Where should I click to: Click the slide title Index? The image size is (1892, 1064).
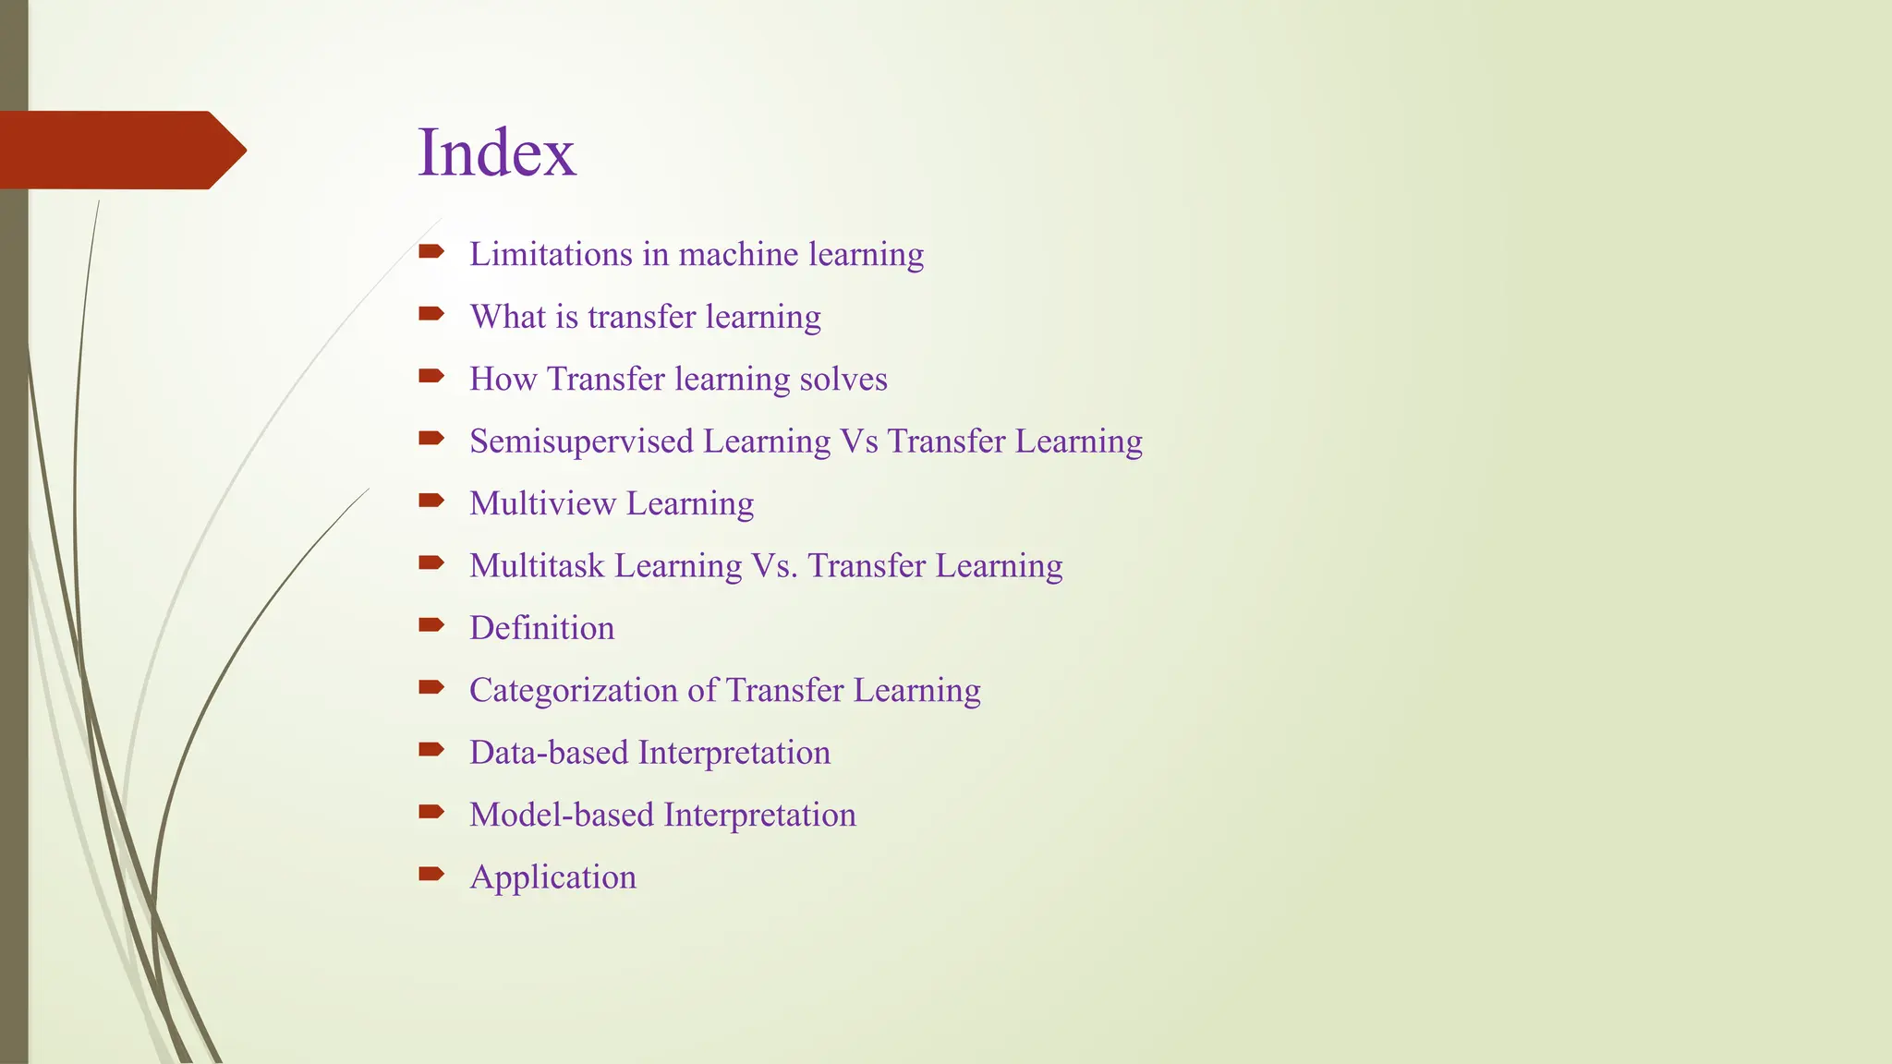[x=496, y=152]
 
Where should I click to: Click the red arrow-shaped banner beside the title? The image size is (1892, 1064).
[x=120, y=150]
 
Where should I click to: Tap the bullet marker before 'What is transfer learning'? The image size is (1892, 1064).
[x=431, y=314]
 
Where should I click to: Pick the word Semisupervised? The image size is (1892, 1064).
[x=581, y=441]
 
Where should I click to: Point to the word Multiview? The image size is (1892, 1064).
[x=542, y=503]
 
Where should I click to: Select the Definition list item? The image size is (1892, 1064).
[x=541, y=628]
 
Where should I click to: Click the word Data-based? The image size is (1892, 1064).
[x=549, y=752]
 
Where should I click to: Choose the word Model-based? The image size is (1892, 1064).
[x=562, y=815]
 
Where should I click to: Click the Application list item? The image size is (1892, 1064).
[x=552, y=877]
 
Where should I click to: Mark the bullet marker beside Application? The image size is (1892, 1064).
[x=431, y=874]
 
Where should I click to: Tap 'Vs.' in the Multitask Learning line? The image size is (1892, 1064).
[x=775, y=565]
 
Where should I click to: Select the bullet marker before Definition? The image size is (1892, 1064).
[x=431, y=625]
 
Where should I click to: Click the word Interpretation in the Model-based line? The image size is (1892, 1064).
[x=759, y=815]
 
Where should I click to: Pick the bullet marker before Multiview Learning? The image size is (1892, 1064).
[x=431, y=501]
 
